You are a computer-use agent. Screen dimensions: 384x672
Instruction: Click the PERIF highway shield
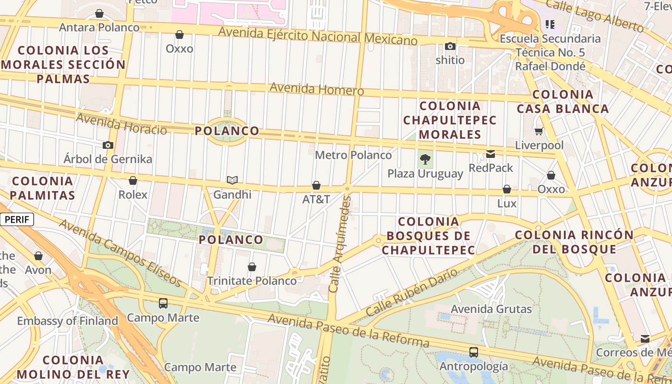(x=17, y=220)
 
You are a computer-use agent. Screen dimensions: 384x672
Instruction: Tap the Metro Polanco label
(x=353, y=155)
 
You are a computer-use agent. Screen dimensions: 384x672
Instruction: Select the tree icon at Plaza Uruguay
(x=425, y=159)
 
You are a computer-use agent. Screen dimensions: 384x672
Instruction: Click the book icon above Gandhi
(x=232, y=180)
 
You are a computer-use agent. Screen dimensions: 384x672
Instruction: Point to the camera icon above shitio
(x=450, y=46)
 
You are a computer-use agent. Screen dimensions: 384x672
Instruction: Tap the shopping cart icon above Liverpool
(x=539, y=131)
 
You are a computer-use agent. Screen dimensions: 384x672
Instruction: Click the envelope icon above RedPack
(x=491, y=154)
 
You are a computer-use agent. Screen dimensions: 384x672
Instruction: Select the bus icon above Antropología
(x=473, y=352)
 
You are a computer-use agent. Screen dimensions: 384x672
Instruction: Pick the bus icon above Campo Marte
(x=163, y=303)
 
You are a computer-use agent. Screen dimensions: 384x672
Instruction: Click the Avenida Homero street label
(x=317, y=89)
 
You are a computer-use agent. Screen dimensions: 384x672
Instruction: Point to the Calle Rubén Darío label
(x=411, y=292)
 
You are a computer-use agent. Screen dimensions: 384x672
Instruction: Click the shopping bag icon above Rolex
(x=133, y=180)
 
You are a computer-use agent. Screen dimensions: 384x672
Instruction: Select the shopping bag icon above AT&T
(x=316, y=185)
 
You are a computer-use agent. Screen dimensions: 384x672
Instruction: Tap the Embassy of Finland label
(x=68, y=321)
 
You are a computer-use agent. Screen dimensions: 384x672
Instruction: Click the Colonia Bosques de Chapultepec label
(x=428, y=236)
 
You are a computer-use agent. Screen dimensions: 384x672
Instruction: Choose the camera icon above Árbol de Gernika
(x=108, y=145)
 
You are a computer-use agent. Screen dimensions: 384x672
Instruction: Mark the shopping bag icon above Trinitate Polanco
(x=252, y=267)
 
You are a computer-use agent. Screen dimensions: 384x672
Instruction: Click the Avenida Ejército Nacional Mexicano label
(x=318, y=36)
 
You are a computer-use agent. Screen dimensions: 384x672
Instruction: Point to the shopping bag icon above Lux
(x=507, y=189)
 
